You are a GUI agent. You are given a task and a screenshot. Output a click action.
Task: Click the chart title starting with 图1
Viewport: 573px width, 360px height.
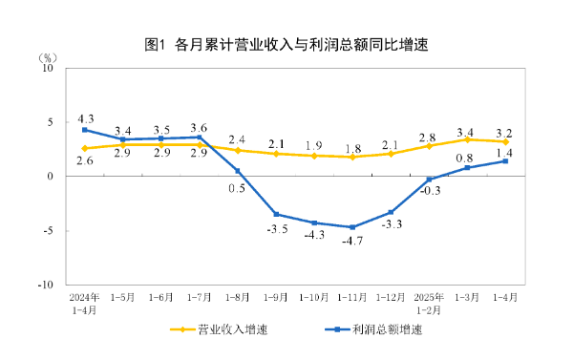[286, 44]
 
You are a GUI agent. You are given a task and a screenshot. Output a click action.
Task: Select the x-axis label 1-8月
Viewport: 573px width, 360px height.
[238, 296]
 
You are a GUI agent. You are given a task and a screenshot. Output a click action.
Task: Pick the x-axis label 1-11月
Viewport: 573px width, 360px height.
[352, 296]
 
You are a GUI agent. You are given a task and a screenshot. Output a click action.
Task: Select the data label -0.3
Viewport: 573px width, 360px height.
[431, 191]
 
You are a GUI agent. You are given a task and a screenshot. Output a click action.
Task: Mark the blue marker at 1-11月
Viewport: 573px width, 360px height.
[352, 227]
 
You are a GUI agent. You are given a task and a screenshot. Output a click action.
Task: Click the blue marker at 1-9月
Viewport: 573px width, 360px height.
[276, 214]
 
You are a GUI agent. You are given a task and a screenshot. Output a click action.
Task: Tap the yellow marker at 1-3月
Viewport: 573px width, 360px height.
[467, 139]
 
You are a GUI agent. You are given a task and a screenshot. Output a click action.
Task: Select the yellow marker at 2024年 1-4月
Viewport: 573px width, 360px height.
[85, 148]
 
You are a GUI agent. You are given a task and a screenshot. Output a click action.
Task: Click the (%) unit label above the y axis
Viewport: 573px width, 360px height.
[47, 56]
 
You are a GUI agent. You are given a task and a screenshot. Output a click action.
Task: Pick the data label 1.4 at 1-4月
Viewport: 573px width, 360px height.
[505, 153]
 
